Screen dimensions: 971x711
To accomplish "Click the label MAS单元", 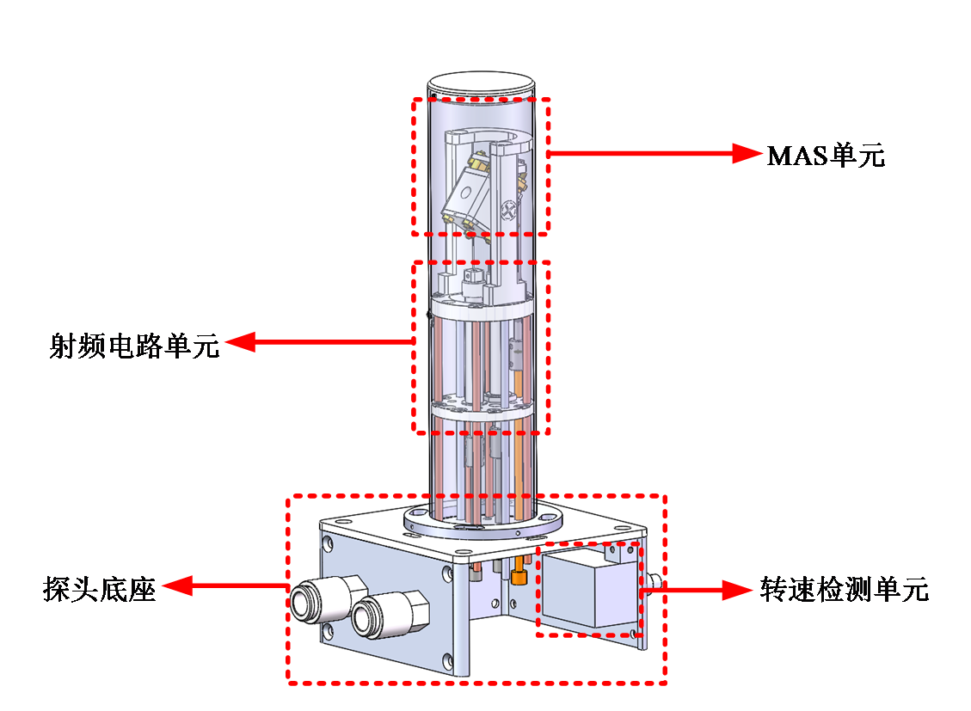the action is click(x=826, y=156).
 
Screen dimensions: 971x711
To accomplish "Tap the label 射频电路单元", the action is click(x=134, y=346).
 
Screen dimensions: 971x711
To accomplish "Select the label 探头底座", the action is click(x=99, y=588).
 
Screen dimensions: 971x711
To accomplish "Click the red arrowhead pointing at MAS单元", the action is click(x=747, y=153).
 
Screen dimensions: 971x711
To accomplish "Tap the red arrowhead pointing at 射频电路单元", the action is click(x=241, y=341).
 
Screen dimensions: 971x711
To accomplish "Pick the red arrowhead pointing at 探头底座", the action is click(x=178, y=585).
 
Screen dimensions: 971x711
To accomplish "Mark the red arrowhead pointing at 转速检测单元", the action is click(x=738, y=590).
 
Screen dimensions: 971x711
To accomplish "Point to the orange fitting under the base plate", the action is click(x=518, y=570).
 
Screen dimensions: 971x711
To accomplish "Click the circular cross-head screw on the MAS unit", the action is click(x=508, y=211).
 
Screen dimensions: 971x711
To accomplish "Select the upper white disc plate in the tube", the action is click(x=482, y=305).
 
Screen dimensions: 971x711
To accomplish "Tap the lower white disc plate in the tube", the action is click(x=482, y=408).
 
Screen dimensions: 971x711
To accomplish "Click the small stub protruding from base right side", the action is click(x=654, y=582).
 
